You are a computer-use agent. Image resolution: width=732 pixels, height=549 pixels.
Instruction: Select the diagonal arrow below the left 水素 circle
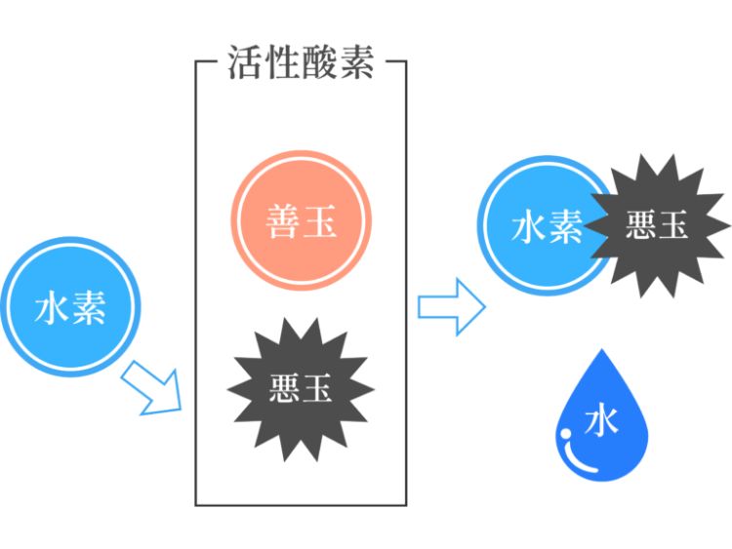click(x=156, y=388)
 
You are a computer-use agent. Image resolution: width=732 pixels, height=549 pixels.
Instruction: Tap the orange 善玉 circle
click(x=301, y=221)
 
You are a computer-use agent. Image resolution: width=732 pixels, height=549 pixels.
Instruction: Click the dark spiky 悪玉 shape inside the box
click(x=301, y=389)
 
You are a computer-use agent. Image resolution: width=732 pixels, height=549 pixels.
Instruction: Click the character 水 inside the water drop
click(x=601, y=421)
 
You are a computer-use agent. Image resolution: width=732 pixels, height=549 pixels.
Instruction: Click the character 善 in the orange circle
click(x=282, y=222)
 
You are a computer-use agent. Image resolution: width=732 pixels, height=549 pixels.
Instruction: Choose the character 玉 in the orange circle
click(x=320, y=222)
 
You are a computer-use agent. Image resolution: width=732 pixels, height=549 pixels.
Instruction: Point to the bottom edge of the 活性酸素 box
click(x=301, y=504)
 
